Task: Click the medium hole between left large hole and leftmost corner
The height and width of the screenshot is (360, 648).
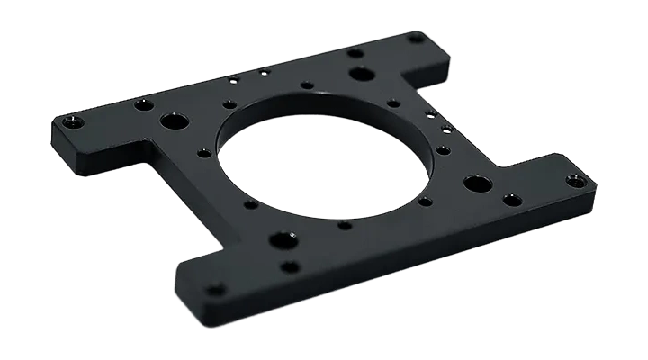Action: pos(140,105)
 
